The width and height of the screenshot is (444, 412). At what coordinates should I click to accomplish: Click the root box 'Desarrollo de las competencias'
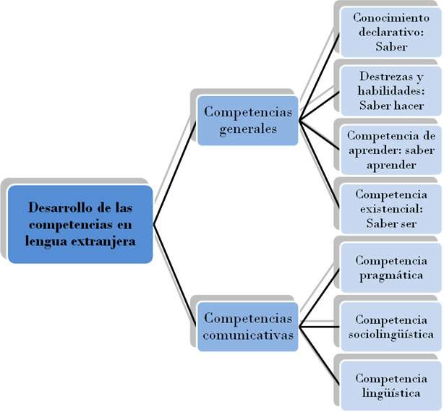pyautogui.click(x=80, y=224)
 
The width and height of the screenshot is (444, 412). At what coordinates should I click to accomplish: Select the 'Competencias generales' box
pyautogui.click(x=248, y=121)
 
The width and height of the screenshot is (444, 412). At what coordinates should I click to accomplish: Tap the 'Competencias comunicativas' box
pyautogui.click(x=248, y=327)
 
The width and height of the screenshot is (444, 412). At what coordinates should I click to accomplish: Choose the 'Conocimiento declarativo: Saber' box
pyautogui.click(x=391, y=33)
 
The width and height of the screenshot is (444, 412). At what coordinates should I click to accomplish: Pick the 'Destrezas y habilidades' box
pyautogui.click(x=391, y=91)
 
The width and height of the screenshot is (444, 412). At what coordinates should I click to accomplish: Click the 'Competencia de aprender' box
pyautogui.click(x=391, y=150)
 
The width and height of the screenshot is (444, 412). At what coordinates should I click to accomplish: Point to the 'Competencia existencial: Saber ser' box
pyautogui.click(x=391, y=209)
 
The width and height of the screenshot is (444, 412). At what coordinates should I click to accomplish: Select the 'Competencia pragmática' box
pyautogui.click(x=391, y=267)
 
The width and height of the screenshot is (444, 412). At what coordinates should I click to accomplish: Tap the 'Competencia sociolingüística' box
pyautogui.click(x=391, y=327)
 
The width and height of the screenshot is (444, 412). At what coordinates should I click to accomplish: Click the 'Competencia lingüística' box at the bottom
pyautogui.click(x=391, y=386)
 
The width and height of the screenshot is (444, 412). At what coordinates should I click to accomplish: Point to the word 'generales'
pyautogui.click(x=248, y=129)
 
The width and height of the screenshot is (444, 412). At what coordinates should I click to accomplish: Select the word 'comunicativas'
pyautogui.click(x=248, y=335)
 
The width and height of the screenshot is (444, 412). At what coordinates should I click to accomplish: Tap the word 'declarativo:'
pyautogui.click(x=391, y=32)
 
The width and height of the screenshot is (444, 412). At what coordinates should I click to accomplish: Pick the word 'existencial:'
pyautogui.click(x=391, y=209)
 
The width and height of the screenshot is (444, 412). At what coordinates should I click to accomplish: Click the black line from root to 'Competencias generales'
pyautogui.click(x=175, y=173)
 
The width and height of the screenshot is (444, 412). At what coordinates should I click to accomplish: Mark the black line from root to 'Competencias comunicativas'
pyautogui.click(x=175, y=276)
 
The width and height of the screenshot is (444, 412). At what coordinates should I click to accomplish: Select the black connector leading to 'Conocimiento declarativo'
pyautogui.click(x=319, y=77)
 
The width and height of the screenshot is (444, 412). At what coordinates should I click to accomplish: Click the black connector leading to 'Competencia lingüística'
pyautogui.click(x=319, y=356)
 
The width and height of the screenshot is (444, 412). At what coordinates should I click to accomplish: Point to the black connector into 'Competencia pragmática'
pyautogui.click(x=319, y=297)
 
